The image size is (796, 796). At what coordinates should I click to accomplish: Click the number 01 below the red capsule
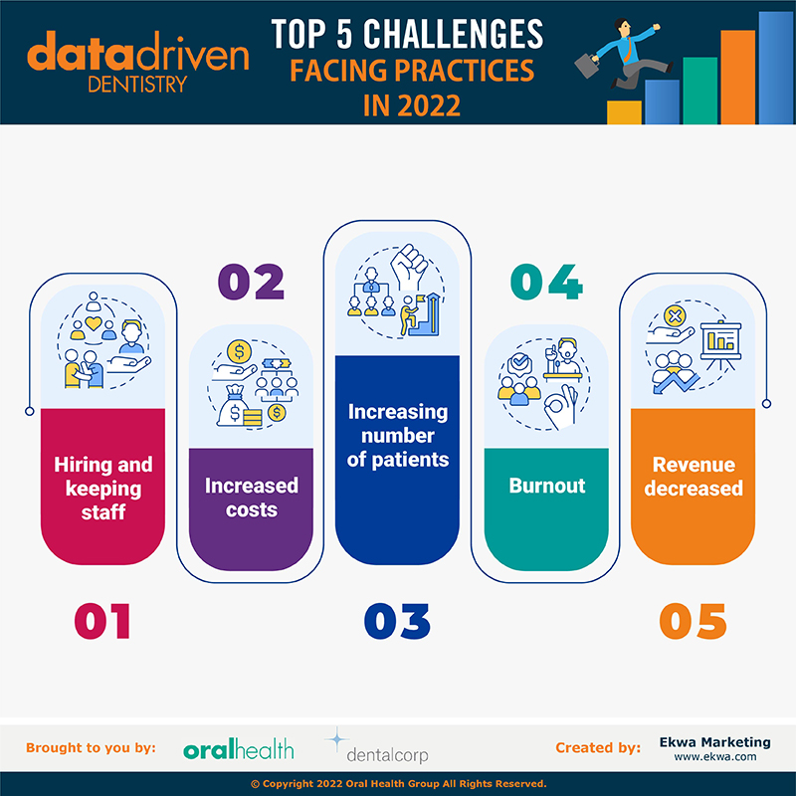[102, 621]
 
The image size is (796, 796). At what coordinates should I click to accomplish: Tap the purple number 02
[251, 282]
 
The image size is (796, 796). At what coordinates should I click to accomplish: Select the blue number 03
[397, 621]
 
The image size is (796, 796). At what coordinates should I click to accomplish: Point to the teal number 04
[546, 282]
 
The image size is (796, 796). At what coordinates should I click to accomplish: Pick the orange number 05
[693, 621]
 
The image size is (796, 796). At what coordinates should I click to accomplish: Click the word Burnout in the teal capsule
[546, 486]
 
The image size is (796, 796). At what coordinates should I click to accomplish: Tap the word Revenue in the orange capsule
[694, 465]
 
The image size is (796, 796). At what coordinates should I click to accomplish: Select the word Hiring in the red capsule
[84, 466]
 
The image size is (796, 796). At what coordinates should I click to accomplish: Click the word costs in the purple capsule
[252, 509]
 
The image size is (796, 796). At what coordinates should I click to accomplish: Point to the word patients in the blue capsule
[410, 460]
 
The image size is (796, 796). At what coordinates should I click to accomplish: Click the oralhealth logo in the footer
[239, 749]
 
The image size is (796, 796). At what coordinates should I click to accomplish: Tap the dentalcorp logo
[378, 747]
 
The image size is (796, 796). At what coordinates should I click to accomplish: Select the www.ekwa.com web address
[714, 757]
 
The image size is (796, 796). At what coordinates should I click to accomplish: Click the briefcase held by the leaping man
[587, 65]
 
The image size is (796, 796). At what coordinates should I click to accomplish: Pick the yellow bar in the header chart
[624, 112]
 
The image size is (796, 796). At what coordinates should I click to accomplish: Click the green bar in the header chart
[700, 91]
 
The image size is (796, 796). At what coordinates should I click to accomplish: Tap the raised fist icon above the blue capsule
[409, 265]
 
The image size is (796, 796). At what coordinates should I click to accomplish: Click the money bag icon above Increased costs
[233, 406]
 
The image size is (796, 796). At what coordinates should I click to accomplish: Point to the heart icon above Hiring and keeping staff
[94, 322]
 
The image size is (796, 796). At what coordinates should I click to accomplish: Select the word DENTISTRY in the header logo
[137, 85]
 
